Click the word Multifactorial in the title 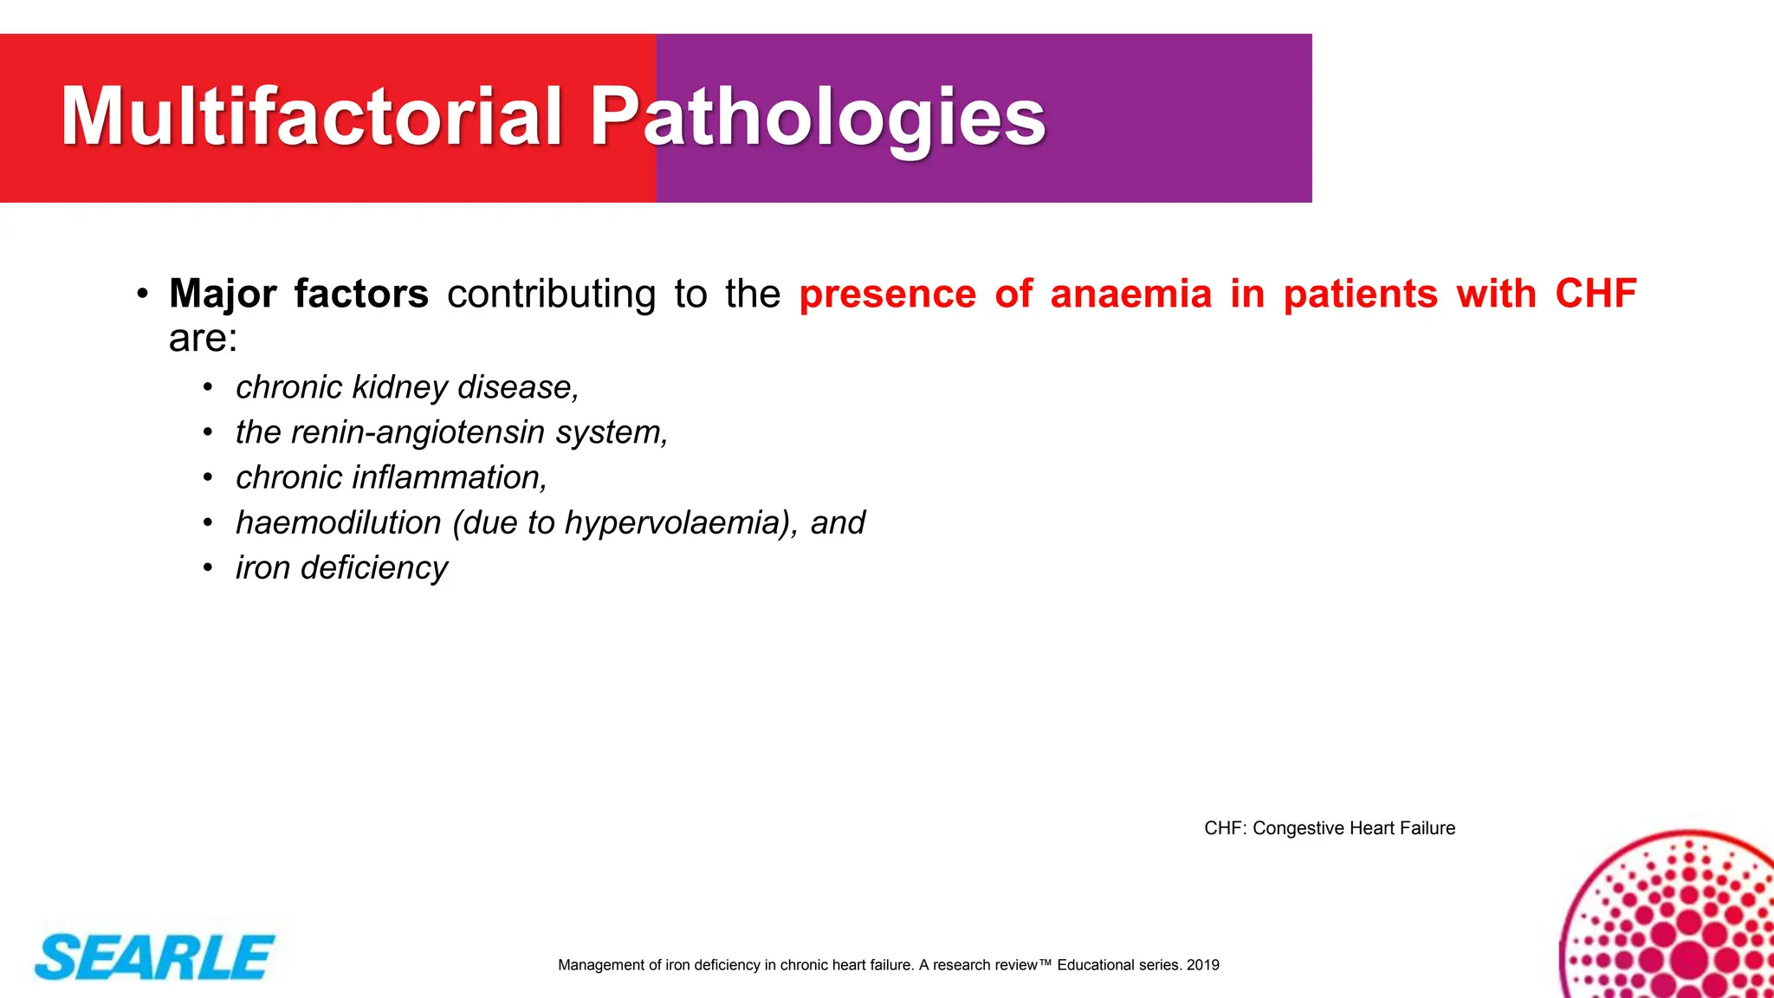point(312,117)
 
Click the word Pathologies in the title point(818,117)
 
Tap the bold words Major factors point(299,294)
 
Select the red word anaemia point(1130,294)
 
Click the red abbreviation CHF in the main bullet point(1596,294)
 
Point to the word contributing point(551,294)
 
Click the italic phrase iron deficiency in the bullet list point(341,567)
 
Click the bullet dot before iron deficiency point(208,568)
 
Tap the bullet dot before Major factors point(142,295)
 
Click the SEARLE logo point(154,957)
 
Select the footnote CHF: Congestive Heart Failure point(1329,828)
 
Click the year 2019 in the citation point(1202,965)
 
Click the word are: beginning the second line point(203,339)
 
